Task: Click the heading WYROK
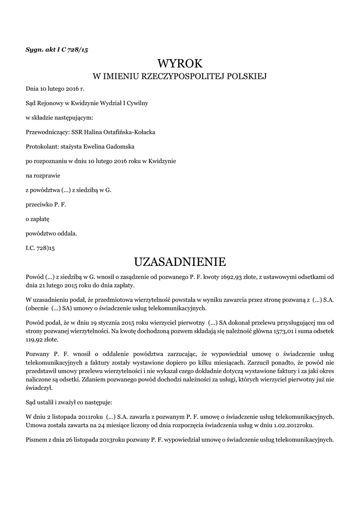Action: (x=180, y=63)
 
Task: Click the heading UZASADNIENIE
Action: (x=180, y=261)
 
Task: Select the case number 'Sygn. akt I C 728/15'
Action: (x=57, y=49)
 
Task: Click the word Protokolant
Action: (x=42, y=146)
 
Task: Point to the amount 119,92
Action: (x=35, y=340)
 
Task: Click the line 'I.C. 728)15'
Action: (x=41, y=247)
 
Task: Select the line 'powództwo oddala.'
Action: (x=52, y=232)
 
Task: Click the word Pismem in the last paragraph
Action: (x=36, y=440)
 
